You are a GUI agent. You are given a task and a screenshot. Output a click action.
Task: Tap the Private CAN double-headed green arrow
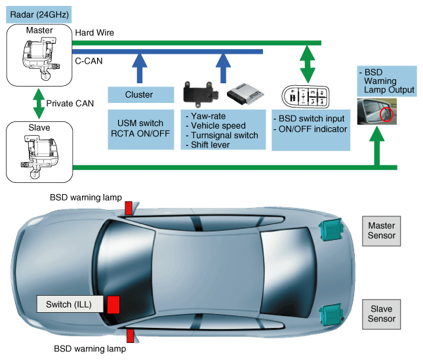coord(37,103)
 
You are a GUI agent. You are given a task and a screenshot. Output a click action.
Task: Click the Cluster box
coord(139,94)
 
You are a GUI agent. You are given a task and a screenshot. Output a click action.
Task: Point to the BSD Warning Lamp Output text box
coord(387,81)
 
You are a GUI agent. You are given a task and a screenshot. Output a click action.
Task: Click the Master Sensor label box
coord(382,231)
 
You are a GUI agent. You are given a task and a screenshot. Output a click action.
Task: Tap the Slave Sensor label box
coord(382,314)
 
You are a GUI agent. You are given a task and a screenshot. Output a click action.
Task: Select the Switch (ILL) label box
coord(69,304)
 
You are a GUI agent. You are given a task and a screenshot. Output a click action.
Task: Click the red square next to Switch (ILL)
coord(113,304)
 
